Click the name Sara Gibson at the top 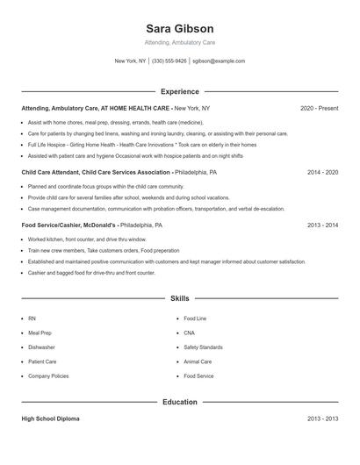point(179,29)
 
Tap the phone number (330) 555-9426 point(169,61)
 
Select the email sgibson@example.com point(219,61)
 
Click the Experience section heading point(179,91)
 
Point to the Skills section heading point(179,299)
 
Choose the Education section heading point(179,403)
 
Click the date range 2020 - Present point(319,108)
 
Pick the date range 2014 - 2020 point(322,173)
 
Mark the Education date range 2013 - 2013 point(322,419)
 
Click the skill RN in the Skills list point(32,318)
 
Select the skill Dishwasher point(41,347)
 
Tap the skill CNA point(191,333)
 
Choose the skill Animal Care point(198,361)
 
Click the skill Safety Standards point(203,347)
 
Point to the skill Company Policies point(48,376)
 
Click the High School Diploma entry point(51,419)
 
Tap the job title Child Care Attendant point(53,173)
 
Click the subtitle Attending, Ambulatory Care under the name point(179,42)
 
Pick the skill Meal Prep point(40,333)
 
